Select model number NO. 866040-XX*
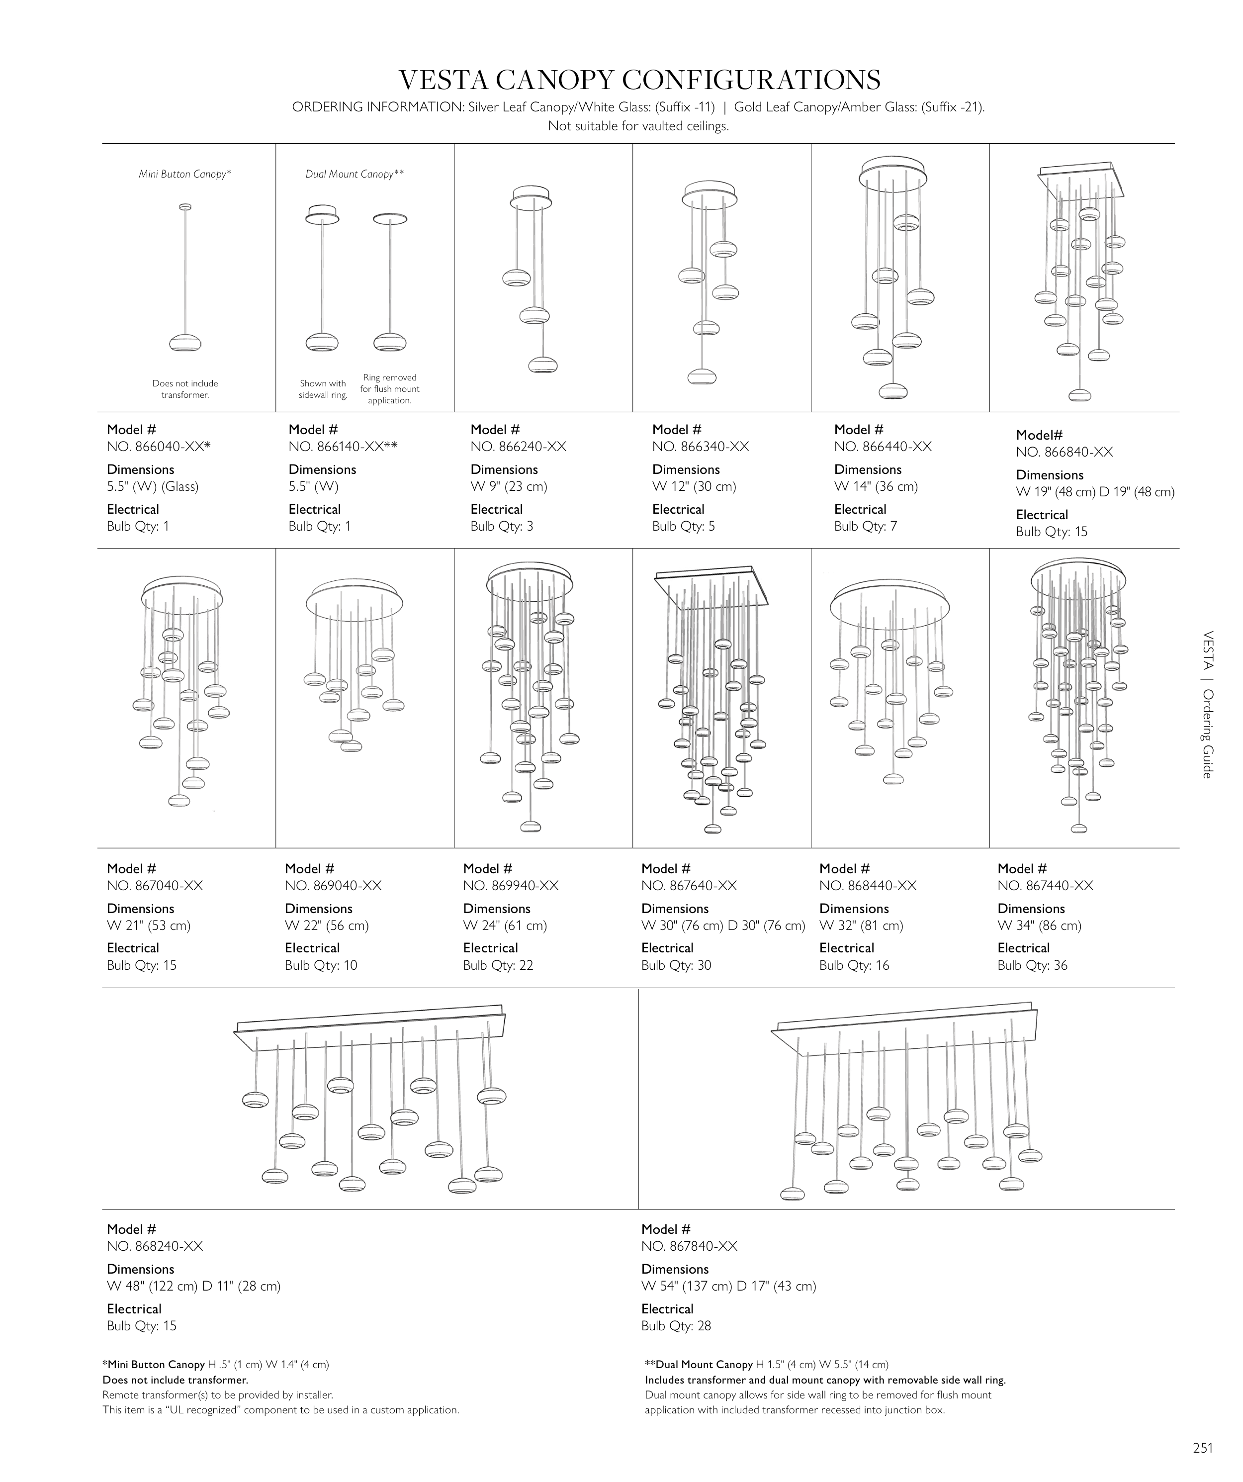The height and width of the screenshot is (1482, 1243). pos(159,447)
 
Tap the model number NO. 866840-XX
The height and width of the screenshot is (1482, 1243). pos(1064,453)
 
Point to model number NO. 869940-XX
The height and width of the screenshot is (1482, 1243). pos(511,886)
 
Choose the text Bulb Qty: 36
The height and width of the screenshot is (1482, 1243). pos(1032,965)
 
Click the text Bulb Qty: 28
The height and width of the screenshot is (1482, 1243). pos(676,1326)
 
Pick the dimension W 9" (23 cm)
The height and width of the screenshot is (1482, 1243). pos(509,486)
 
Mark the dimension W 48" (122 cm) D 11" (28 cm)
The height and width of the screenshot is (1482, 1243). pos(193,1287)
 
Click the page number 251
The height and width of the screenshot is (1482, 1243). pos(1203,1448)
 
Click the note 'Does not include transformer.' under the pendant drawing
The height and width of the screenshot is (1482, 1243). pos(185,389)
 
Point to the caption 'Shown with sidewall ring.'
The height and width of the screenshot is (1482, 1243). pos(323,389)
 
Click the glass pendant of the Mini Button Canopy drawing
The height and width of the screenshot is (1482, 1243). pos(185,344)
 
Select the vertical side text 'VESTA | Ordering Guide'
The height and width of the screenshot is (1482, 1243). pos(1207,704)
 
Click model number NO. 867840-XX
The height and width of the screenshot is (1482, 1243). pos(689,1246)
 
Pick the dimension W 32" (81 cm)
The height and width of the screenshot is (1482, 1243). pos(861,925)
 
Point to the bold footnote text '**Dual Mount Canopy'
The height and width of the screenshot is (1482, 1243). pos(699,1365)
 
